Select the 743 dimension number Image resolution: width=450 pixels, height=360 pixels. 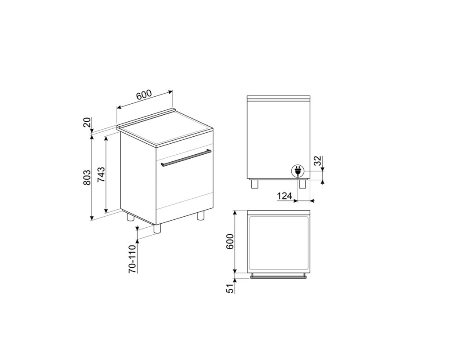click(x=102, y=175)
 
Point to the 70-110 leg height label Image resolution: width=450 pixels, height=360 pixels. click(x=133, y=259)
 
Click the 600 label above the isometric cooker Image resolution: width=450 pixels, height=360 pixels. click(x=144, y=95)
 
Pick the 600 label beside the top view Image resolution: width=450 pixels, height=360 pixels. click(x=231, y=242)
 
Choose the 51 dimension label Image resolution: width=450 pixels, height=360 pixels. click(x=231, y=288)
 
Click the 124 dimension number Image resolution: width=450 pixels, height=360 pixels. click(x=284, y=196)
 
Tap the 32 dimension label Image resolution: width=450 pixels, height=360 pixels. click(x=317, y=161)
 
